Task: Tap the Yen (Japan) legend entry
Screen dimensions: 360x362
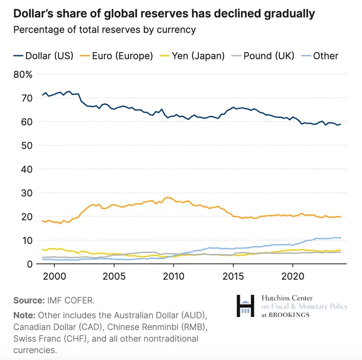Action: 199,56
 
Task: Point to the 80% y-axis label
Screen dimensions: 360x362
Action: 23,74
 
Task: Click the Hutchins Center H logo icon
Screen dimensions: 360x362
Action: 245,306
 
